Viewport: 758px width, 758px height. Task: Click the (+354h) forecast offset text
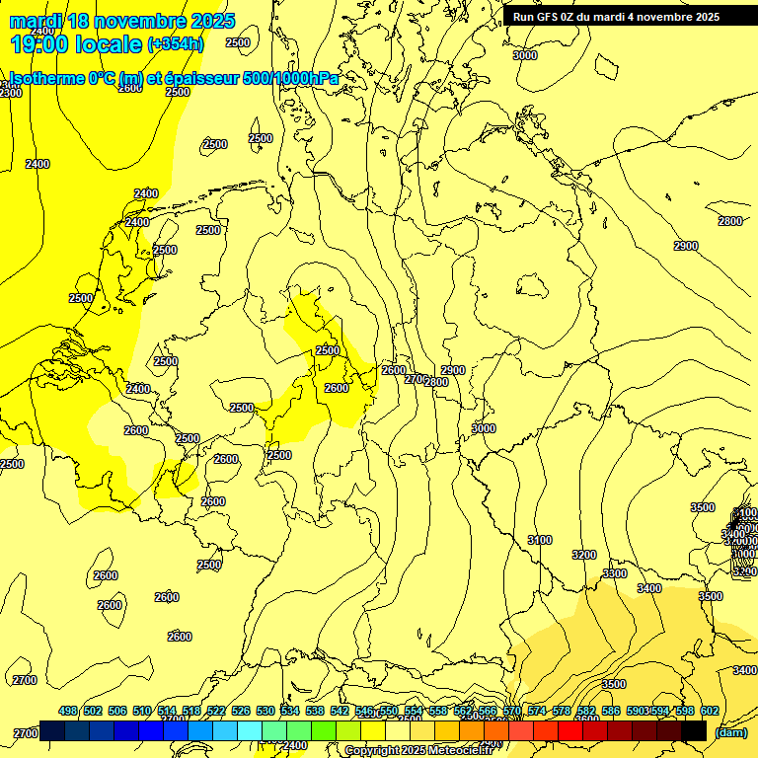pyautogui.click(x=176, y=43)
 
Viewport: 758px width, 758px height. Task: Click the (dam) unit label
pyautogui.click(x=731, y=732)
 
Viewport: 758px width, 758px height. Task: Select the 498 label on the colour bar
pyautogui.click(x=68, y=711)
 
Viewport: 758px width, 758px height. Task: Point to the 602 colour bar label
pyautogui.click(x=709, y=711)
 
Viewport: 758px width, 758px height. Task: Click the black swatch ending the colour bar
pyautogui.click(x=694, y=731)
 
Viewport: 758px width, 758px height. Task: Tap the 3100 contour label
pyautogui.click(x=540, y=540)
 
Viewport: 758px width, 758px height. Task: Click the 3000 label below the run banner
pyautogui.click(x=525, y=55)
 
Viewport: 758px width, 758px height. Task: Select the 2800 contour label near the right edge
pyautogui.click(x=730, y=221)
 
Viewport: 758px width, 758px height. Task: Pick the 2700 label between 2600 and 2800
pyautogui.click(x=416, y=378)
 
